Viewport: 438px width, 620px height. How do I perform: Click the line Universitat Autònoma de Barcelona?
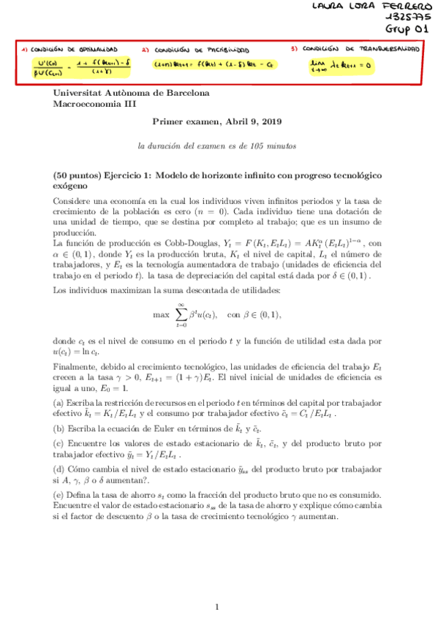click(x=132, y=93)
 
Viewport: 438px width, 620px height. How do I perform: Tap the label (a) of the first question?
click(x=58, y=403)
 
